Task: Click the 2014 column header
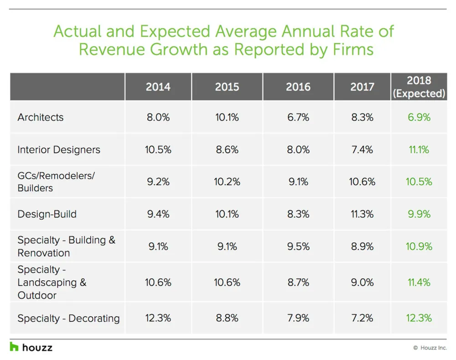click(x=158, y=87)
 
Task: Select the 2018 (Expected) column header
click(x=419, y=87)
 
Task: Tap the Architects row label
click(x=41, y=118)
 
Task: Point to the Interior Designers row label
click(x=59, y=149)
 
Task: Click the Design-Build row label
click(x=47, y=214)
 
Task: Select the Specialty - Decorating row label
click(x=68, y=319)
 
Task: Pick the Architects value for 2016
click(x=298, y=118)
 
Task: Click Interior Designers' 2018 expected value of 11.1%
click(x=419, y=149)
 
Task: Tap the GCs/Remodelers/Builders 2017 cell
click(x=362, y=182)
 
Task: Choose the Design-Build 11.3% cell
click(x=362, y=214)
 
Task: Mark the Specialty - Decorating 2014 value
click(x=158, y=318)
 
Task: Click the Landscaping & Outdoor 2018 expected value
click(x=419, y=282)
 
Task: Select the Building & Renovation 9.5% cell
click(x=298, y=247)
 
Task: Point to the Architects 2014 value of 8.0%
click(x=158, y=118)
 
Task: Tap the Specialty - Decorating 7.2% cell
click(x=362, y=318)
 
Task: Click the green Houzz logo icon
click(x=14, y=347)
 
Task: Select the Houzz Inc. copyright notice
click(x=430, y=348)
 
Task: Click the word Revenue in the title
click(x=112, y=49)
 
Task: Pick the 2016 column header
click(x=298, y=87)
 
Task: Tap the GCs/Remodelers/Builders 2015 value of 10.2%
click(x=227, y=182)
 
